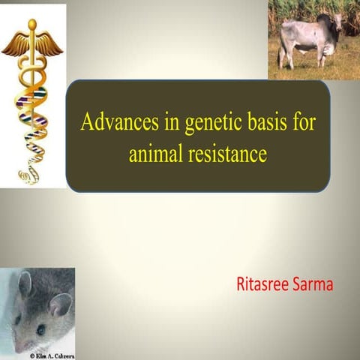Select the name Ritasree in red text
click(262, 284)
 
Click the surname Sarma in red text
click(315, 284)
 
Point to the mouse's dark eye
click(40, 327)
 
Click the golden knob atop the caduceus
click(32, 24)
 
